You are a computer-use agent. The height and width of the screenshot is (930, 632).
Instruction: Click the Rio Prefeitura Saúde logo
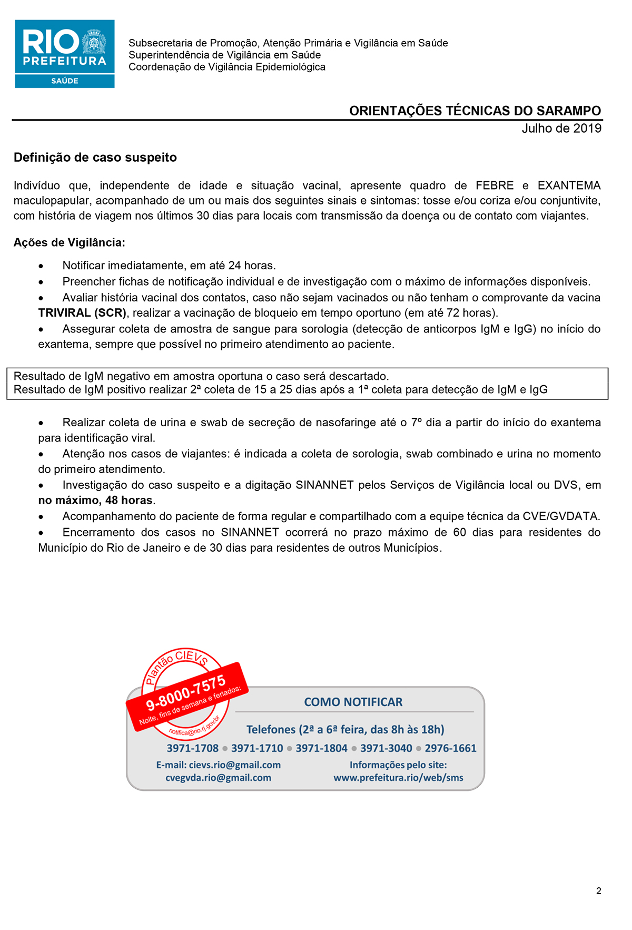point(65,54)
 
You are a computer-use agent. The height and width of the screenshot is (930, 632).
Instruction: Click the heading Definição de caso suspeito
point(95,158)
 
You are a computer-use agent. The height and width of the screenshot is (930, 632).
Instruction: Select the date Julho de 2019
point(561,129)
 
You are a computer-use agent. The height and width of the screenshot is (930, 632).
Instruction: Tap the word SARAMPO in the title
point(568,111)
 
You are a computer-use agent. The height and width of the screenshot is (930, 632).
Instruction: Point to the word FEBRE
point(495,185)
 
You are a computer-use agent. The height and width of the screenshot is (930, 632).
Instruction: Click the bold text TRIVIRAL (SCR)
point(82,313)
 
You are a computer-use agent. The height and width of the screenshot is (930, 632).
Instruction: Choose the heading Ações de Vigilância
point(70,242)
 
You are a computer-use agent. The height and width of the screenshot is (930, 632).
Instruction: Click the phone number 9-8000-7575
point(185,693)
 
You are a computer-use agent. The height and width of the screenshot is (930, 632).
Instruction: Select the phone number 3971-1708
point(192,748)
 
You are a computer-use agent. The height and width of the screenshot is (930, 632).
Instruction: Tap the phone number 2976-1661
point(450,748)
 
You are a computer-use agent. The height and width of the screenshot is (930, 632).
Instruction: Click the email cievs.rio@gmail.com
point(234,765)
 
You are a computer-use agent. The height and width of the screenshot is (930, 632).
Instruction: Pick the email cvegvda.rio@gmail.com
point(218,778)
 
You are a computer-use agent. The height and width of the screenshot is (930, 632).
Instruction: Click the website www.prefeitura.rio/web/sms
point(398,778)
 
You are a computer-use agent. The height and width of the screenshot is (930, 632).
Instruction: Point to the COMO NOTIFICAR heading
point(353,702)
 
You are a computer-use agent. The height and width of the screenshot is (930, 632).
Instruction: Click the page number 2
point(599,891)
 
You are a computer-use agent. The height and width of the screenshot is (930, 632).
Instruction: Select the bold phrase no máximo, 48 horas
point(95,500)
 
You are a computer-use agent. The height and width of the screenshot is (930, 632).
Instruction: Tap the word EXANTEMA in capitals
point(569,185)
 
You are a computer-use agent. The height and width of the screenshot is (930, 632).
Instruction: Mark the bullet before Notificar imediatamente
point(41,266)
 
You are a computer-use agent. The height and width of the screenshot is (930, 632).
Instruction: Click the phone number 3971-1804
point(321,748)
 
